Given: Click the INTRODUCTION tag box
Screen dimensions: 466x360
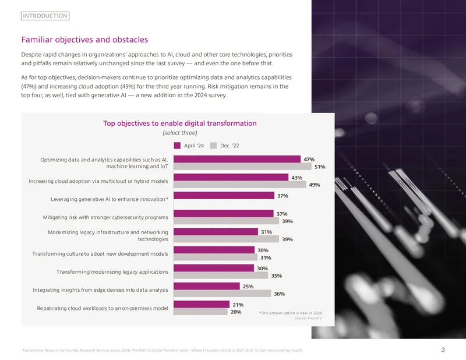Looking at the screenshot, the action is (x=45, y=16).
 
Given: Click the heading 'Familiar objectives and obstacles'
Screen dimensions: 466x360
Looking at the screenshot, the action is (x=84, y=40).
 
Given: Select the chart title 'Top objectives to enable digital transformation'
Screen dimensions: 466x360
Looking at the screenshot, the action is (x=180, y=123).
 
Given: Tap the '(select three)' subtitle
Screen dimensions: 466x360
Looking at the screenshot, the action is (x=180, y=133).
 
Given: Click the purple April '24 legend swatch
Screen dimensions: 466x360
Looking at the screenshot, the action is (x=177, y=146).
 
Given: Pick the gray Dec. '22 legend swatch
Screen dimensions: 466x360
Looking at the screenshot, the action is (x=213, y=146).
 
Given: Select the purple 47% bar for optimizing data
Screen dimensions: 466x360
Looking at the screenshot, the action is (x=237, y=159).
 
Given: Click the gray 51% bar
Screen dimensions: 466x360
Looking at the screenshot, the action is (x=242, y=166).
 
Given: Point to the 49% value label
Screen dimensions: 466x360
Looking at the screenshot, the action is (x=315, y=185).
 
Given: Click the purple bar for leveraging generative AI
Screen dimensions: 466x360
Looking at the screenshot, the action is (x=224, y=195).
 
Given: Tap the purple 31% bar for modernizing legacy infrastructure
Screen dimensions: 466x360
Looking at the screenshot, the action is (x=216, y=232).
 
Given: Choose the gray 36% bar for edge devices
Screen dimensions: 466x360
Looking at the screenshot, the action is (x=223, y=294).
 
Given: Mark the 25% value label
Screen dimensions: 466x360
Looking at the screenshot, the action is (x=248, y=287).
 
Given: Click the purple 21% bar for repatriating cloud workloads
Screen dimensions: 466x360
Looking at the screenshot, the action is (x=202, y=304).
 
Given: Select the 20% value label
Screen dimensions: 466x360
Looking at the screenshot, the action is (x=236, y=312).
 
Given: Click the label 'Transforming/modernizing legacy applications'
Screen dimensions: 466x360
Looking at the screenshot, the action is (x=112, y=272).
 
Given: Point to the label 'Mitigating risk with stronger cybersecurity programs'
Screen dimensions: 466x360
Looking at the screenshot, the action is (x=105, y=217).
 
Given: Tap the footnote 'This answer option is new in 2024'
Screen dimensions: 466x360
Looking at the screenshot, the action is (x=291, y=313).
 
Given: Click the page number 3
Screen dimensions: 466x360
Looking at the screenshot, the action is (x=443, y=350).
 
